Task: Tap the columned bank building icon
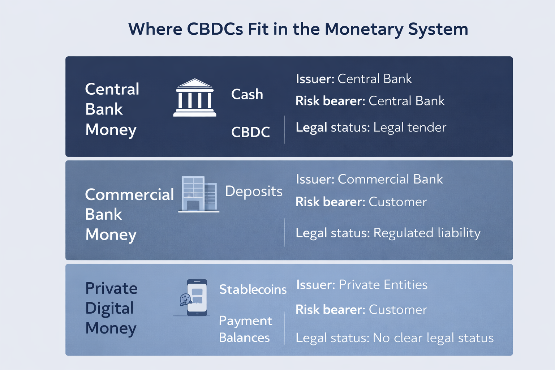pos(195,98)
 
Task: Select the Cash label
pos(247,94)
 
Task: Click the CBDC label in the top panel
pos(250,132)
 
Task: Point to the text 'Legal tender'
pos(410,128)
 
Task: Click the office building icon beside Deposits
pos(199,194)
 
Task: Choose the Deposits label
pos(254,191)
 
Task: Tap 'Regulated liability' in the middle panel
pos(427,233)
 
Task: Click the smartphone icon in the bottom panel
pos(197,297)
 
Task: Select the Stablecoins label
pos(253,289)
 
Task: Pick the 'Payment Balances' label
pos(246,329)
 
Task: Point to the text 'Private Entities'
pos(383,284)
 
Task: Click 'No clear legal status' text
pos(433,338)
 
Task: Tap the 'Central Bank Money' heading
pos(112,109)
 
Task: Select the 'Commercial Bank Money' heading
pos(129,214)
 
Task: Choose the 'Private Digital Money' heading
pos(111,308)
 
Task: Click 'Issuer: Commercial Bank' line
pos(369,179)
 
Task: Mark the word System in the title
pos(438,30)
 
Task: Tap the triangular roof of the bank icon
pos(195,83)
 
